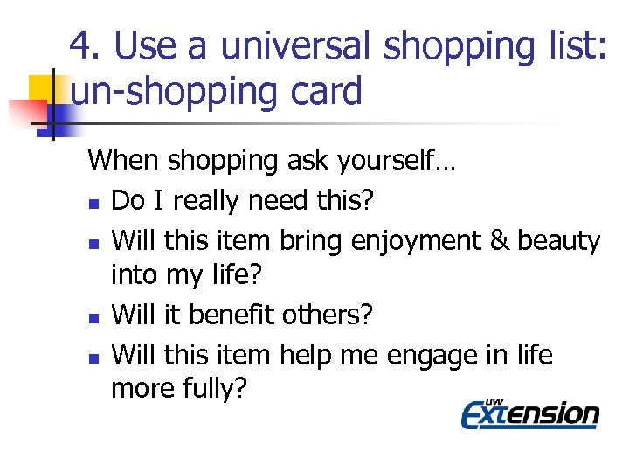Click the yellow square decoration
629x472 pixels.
tap(41, 87)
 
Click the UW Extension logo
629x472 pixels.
tap(529, 413)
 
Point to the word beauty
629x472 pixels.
tap(559, 240)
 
